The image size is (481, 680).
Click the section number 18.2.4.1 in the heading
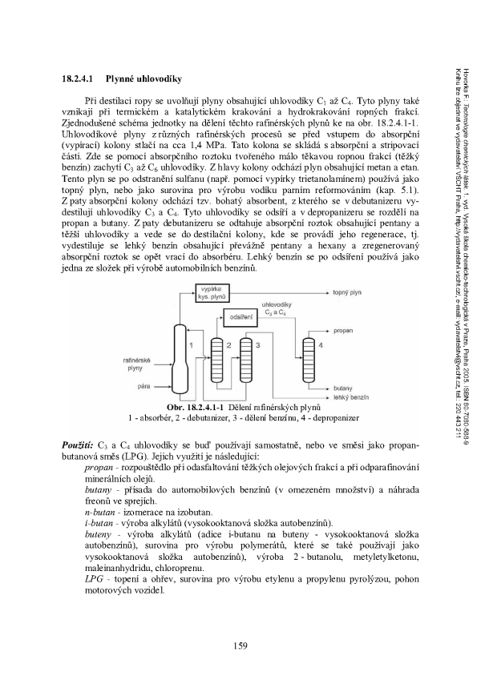coord(80,79)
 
